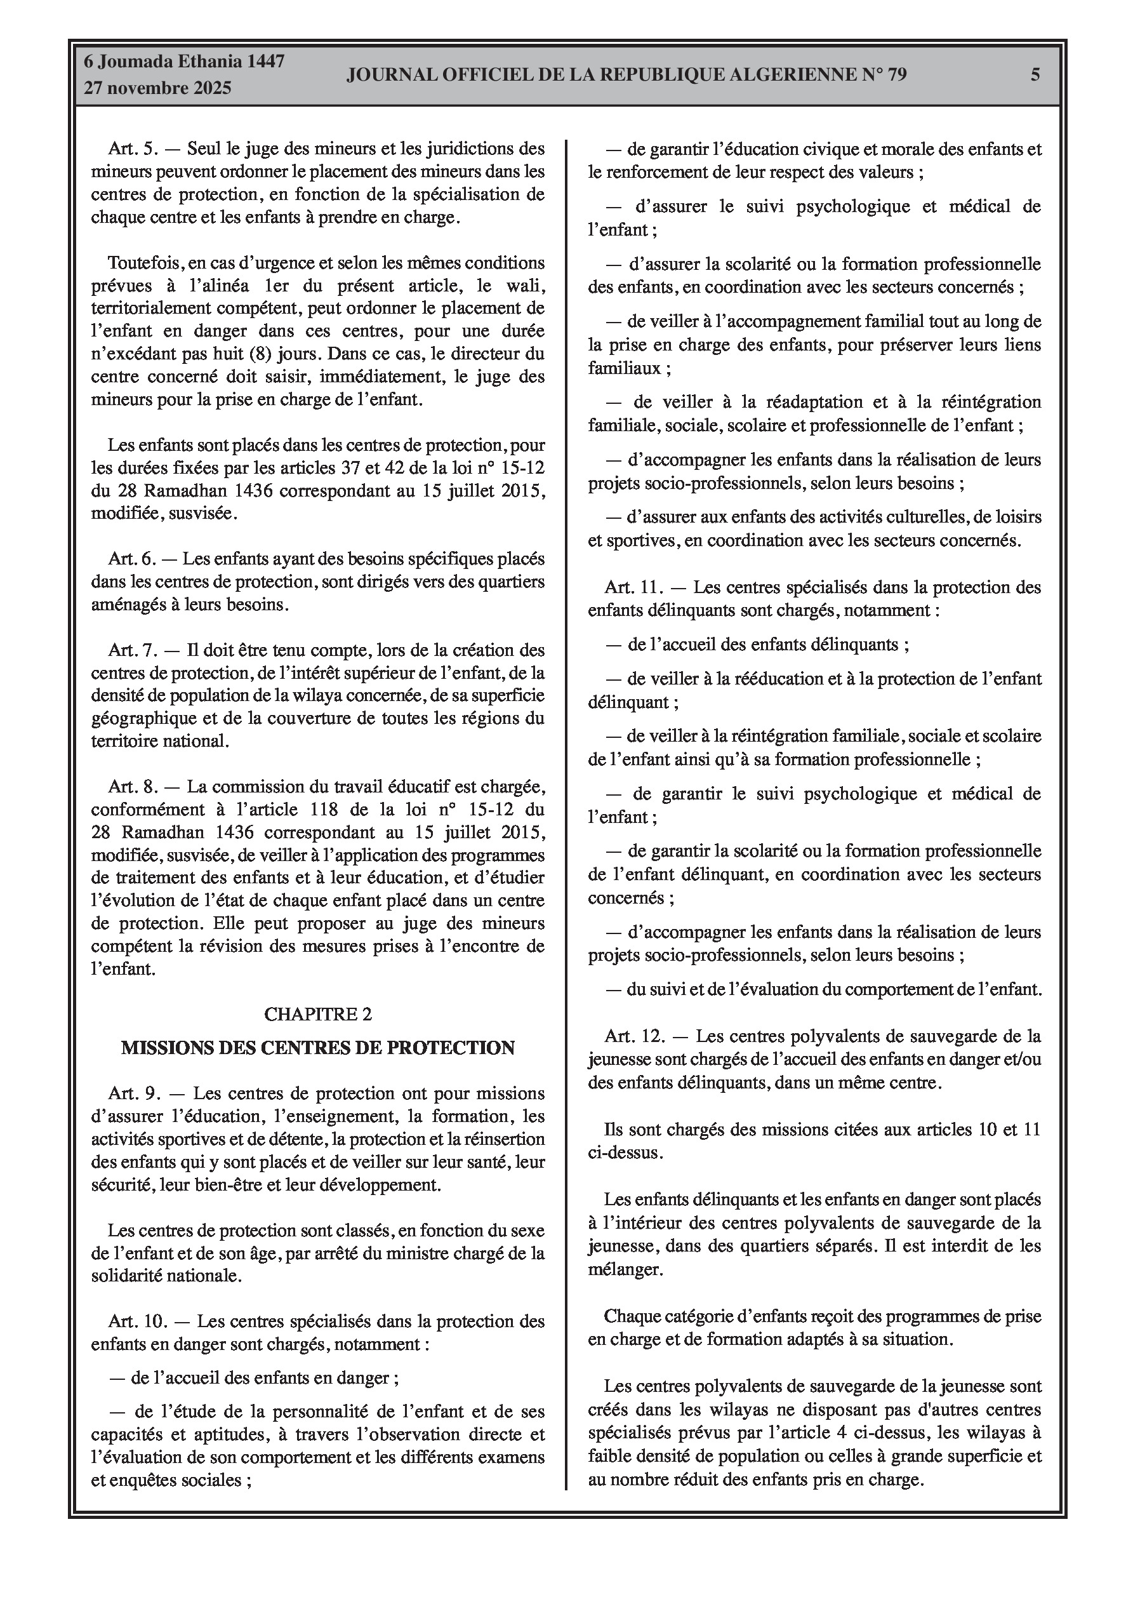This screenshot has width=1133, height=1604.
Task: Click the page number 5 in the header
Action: [1035, 75]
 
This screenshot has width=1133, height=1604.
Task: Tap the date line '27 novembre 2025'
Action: [157, 88]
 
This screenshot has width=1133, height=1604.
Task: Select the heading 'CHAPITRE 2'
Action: [318, 1013]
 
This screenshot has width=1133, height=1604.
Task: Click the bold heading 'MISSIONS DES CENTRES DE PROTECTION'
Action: [318, 1048]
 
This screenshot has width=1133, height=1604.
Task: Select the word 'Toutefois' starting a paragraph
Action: [145, 263]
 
